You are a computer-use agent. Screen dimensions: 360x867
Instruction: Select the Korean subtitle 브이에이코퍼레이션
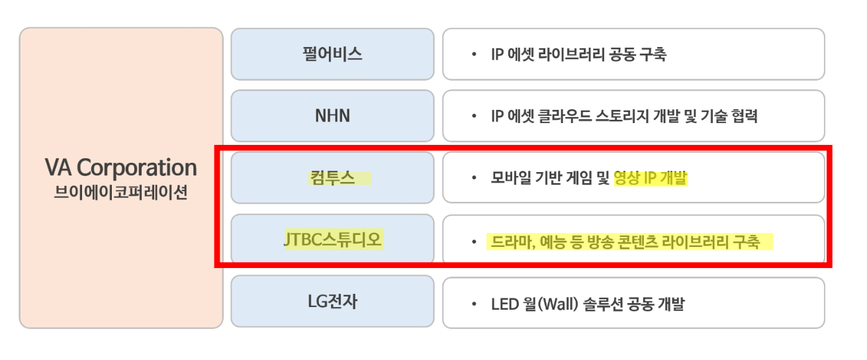(120, 194)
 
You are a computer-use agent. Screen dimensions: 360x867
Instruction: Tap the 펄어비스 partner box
(332, 54)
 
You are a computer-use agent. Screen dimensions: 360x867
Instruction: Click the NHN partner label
(332, 116)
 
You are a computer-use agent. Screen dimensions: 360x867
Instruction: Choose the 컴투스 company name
(332, 178)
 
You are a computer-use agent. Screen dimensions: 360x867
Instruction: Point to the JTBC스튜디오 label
(332, 240)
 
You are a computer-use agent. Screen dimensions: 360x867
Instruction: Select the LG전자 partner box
(332, 302)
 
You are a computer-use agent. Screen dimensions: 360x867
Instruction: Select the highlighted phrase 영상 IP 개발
(651, 179)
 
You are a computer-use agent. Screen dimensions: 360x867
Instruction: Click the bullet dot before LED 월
(474, 305)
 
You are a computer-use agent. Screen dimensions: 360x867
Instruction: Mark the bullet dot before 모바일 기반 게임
(474, 179)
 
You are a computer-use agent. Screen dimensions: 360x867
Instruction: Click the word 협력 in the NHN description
(743, 117)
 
